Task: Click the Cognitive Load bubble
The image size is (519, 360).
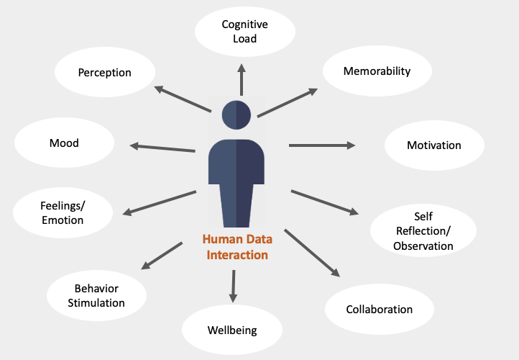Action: click(x=245, y=32)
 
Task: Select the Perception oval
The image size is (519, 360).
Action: click(x=105, y=72)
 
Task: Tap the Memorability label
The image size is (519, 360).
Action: click(x=377, y=71)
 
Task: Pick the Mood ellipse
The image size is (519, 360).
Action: click(x=64, y=143)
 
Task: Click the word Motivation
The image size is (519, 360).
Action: click(x=434, y=145)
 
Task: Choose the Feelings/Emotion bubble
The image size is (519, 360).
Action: click(x=63, y=212)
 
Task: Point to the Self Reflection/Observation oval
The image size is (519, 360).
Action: click(x=423, y=230)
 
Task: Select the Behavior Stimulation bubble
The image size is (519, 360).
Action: click(x=96, y=295)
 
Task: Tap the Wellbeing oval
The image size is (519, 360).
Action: click(x=232, y=330)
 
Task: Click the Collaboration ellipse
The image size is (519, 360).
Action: click(x=380, y=309)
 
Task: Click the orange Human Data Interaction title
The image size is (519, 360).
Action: click(x=237, y=247)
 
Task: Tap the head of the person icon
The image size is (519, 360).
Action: click(x=236, y=115)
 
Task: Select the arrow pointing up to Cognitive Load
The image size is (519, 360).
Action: click(x=242, y=79)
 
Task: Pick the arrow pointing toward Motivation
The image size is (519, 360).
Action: click(x=322, y=145)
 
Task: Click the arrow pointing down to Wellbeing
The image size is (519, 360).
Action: click(x=234, y=287)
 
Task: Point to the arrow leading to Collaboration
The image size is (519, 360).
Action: click(x=312, y=253)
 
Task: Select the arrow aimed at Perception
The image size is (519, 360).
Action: click(x=183, y=99)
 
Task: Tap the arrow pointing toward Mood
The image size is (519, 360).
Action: click(x=162, y=147)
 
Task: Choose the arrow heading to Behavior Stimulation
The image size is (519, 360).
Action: click(x=162, y=256)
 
